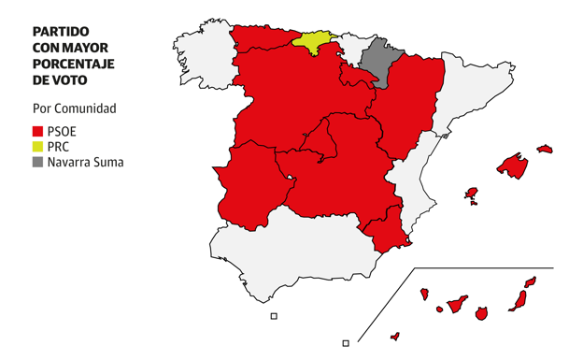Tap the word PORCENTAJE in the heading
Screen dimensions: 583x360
click(x=74, y=64)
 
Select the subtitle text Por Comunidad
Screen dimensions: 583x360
click(x=74, y=108)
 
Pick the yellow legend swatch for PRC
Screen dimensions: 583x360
click(x=37, y=147)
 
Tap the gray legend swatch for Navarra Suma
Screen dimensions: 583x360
click(x=37, y=162)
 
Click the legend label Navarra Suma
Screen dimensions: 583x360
click(x=85, y=162)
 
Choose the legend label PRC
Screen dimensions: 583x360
click(x=58, y=147)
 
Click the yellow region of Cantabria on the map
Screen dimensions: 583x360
click(x=313, y=43)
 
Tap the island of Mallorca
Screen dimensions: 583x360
click(x=512, y=166)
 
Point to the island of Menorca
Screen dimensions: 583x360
click(x=545, y=148)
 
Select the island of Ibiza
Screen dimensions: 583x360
click(x=472, y=194)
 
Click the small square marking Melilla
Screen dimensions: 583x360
click(x=346, y=343)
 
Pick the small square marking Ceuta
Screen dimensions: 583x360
click(x=274, y=316)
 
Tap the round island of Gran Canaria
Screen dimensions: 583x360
click(x=481, y=313)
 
